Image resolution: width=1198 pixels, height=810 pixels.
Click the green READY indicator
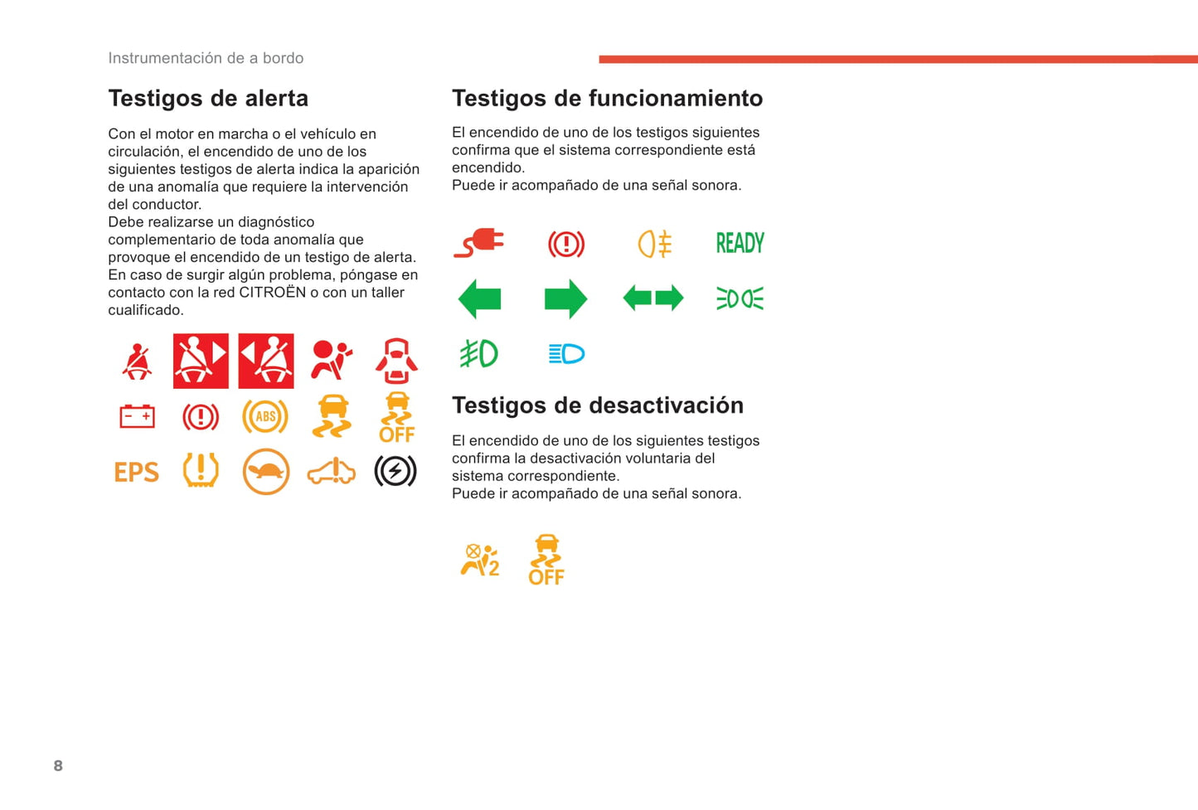[x=740, y=243]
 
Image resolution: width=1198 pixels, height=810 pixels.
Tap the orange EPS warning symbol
[x=137, y=472]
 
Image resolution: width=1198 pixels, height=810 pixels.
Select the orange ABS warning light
[x=265, y=417]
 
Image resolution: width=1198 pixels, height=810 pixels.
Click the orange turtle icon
[x=266, y=472]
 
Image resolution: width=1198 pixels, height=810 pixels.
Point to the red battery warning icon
[x=137, y=416]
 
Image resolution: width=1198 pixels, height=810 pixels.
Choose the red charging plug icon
[x=479, y=244]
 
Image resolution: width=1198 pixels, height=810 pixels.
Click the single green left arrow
[x=479, y=298]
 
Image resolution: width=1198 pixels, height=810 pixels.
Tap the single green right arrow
[x=566, y=298]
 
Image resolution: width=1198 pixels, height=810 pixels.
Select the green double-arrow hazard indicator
[x=653, y=298]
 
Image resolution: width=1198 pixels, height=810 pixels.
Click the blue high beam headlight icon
[x=567, y=354]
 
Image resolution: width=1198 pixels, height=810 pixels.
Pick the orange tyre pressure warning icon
[x=201, y=470]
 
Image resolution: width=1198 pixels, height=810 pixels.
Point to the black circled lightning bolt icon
[x=395, y=471]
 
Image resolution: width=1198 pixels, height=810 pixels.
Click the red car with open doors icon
[x=396, y=361]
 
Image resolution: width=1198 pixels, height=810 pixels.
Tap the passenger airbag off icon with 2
[x=480, y=560]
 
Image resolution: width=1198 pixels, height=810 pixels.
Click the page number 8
[x=58, y=765]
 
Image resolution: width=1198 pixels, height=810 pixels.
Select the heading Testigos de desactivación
[x=598, y=405]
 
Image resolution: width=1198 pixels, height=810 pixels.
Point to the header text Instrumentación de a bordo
[x=206, y=58]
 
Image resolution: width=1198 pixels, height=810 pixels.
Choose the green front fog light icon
[x=479, y=354]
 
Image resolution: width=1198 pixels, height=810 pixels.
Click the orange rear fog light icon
[x=654, y=244]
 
